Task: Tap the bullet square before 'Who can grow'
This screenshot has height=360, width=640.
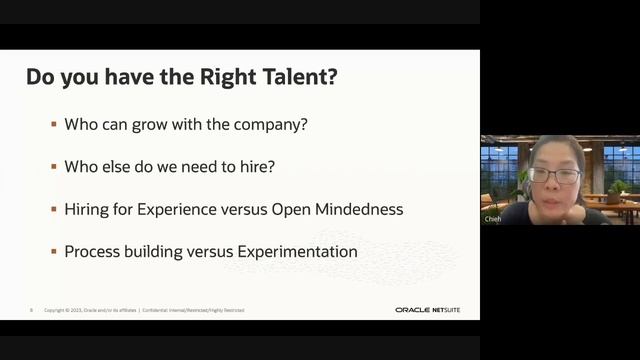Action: [54, 125]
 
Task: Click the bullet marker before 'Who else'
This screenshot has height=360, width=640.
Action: [54, 167]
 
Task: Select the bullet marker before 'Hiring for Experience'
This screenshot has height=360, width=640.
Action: [54, 209]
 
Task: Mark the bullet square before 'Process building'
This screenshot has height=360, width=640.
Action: [54, 252]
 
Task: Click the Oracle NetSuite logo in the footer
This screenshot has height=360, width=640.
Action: [428, 310]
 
